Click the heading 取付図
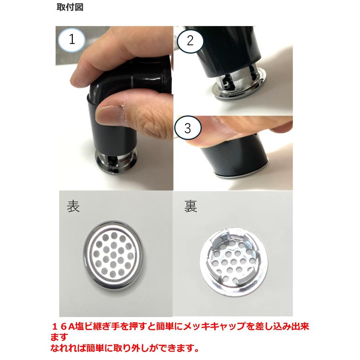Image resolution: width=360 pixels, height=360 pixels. coord(70,8)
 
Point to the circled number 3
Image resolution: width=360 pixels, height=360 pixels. coord(188,128)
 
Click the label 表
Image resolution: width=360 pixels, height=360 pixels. coord(73,207)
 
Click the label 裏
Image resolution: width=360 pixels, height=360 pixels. coord(190,207)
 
